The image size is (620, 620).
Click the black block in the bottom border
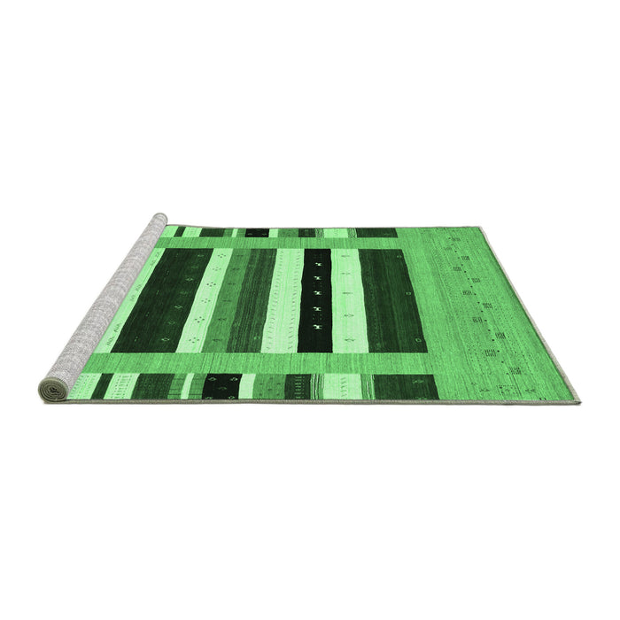[221, 385]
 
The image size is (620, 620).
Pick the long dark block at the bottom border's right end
[405, 386]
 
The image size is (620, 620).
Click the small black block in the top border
[257, 233]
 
